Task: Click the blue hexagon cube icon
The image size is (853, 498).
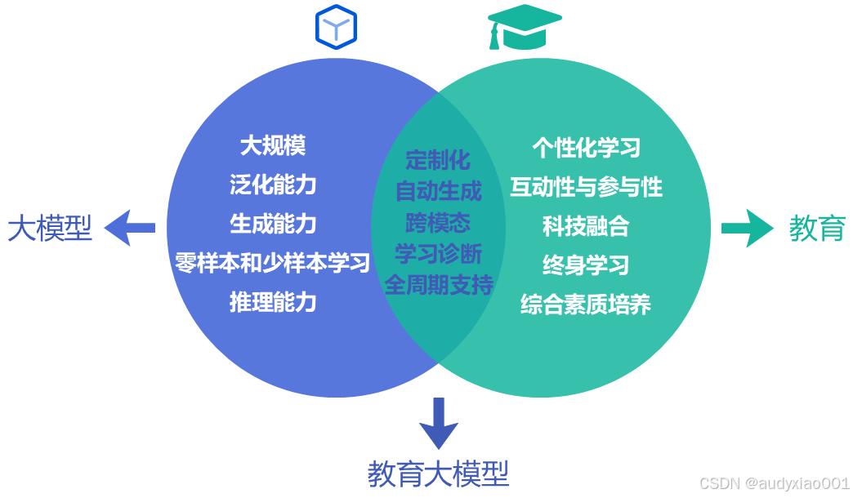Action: [337, 28]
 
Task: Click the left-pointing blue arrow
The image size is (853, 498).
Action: [131, 228]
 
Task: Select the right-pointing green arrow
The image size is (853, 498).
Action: [746, 228]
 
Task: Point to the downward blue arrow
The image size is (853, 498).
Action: [439, 423]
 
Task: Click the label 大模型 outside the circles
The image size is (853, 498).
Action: [50, 229]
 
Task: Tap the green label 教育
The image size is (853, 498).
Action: [816, 229]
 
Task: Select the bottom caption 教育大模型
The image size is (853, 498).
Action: [438, 473]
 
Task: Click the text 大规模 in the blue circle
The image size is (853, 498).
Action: [273, 145]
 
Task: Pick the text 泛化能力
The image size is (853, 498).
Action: [273, 185]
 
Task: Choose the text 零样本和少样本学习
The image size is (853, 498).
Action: [273, 263]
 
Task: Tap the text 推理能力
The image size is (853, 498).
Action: [273, 302]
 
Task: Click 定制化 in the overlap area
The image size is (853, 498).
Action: [438, 159]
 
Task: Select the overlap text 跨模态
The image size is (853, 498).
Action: [438, 222]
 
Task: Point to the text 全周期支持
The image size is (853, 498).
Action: [439, 285]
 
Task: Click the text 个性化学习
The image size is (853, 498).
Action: [586, 148]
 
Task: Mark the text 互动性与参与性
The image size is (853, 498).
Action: [586, 187]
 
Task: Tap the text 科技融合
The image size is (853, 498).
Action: [586, 226]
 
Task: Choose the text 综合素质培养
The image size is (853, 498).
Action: [586, 305]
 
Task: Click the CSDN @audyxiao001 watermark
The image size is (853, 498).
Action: [775, 483]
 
